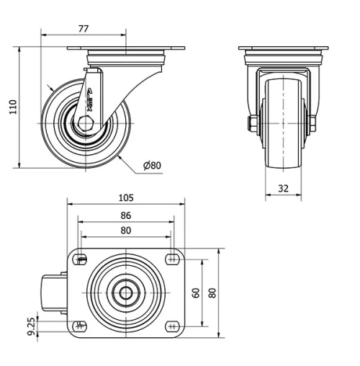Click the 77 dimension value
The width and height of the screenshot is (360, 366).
pos(84,29)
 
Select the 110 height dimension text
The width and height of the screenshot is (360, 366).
pos(12,108)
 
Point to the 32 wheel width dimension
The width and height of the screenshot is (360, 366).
pos(283,189)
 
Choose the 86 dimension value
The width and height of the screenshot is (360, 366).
pos(125,215)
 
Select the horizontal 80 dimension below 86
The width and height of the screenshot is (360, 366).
pos(125,231)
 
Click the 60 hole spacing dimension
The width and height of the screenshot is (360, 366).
pos(196,293)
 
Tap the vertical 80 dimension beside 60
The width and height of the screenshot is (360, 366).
pos(212,293)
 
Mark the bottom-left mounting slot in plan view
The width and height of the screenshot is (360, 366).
pos(81,324)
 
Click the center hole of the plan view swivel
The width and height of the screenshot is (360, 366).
pos(126,293)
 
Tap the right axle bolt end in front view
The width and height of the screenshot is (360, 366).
pos(313,125)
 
